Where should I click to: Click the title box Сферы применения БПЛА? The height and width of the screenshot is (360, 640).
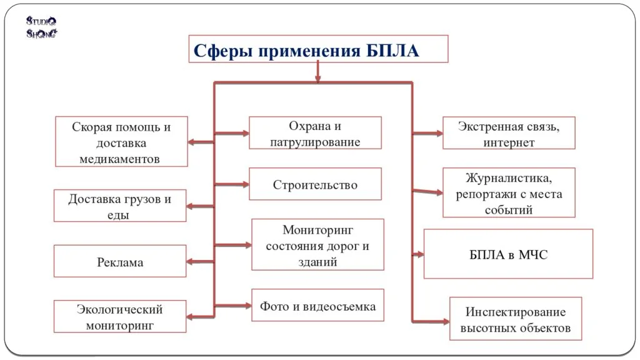coord(318,49)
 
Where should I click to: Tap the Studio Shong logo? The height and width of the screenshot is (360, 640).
coord(42,27)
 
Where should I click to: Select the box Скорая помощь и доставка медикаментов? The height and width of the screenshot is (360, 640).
coord(121,142)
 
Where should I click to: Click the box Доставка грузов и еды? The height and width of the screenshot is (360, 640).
coord(120,206)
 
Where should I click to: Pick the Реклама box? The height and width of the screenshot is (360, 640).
coord(120,261)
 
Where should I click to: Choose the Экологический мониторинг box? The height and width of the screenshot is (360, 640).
coord(120,316)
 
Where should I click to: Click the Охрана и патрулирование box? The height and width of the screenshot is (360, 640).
coord(315,133)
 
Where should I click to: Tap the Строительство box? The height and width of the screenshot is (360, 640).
coord(315,184)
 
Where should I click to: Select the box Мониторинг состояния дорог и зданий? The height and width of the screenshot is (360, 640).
coord(317,245)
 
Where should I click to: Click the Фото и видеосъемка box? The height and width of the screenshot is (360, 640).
coord(317,306)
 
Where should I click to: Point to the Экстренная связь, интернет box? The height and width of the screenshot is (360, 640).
coord(509,133)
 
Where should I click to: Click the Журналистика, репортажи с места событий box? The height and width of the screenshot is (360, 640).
coord(509,192)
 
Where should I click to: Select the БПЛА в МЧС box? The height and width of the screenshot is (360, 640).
coord(508,254)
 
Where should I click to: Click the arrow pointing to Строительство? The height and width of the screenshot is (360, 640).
coord(232,184)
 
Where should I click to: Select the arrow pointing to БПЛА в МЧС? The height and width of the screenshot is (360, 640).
coord(417,254)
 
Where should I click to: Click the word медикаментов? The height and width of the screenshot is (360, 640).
coord(120,159)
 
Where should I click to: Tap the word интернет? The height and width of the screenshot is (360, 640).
coord(509,142)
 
